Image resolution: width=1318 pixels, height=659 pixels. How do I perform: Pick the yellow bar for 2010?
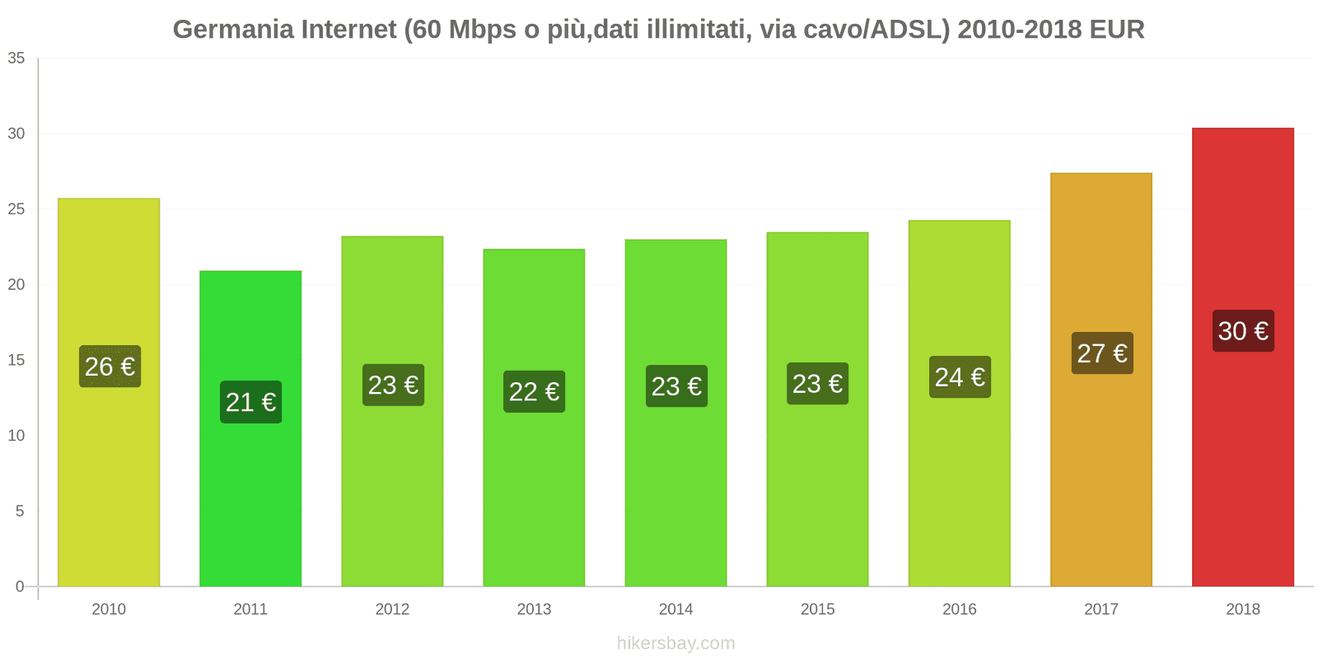click(109, 478)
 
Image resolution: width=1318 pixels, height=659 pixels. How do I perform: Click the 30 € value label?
click(1243, 331)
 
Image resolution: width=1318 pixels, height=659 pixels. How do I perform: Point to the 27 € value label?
click(1102, 353)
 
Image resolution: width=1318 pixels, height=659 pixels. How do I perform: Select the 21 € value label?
click(250, 402)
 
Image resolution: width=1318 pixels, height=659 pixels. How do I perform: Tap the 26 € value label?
click(110, 367)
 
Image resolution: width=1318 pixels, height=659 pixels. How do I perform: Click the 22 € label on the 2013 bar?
click(534, 391)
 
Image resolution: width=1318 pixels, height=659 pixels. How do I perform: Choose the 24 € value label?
click(960, 377)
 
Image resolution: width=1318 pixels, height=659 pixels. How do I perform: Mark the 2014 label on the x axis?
click(675, 610)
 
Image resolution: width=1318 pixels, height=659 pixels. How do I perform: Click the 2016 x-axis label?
click(959, 610)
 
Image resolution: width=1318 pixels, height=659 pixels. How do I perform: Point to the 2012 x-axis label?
click(392, 610)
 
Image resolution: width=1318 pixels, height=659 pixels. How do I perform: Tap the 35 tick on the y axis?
click(16, 58)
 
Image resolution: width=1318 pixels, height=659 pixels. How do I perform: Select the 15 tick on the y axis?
click(16, 360)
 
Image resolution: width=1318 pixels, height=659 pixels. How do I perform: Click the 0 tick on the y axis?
click(20, 587)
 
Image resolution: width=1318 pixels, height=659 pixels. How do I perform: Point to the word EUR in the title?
click(1116, 30)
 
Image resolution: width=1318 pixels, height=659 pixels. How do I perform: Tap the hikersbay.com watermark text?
click(675, 643)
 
